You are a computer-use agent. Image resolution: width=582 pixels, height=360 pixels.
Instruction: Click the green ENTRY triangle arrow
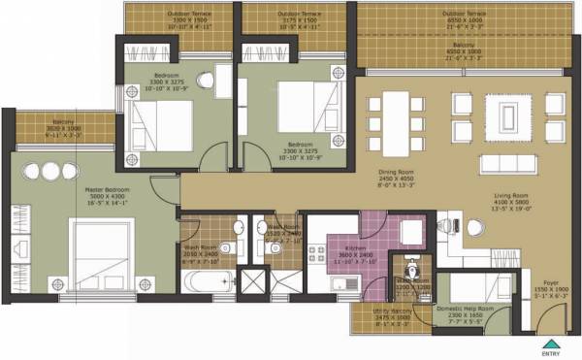(x=551, y=343)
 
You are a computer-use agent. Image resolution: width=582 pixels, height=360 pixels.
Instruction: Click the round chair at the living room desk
(x=473, y=227)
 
